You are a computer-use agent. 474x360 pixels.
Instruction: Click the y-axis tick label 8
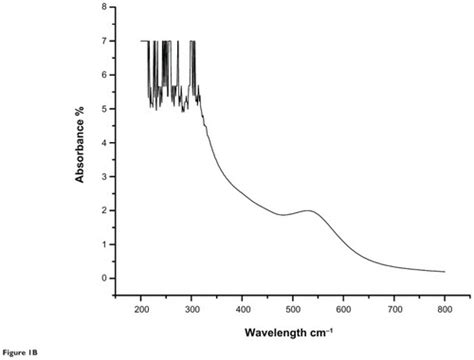pos(105,8)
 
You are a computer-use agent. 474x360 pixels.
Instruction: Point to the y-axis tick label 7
pos(105,42)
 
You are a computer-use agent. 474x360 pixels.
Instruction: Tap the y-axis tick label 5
pos(105,109)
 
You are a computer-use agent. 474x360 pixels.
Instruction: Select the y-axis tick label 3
pos(105,177)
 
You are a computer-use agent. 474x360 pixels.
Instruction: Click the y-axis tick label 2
pos(105,211)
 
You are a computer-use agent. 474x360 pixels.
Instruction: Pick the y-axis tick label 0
pos(105,278)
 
